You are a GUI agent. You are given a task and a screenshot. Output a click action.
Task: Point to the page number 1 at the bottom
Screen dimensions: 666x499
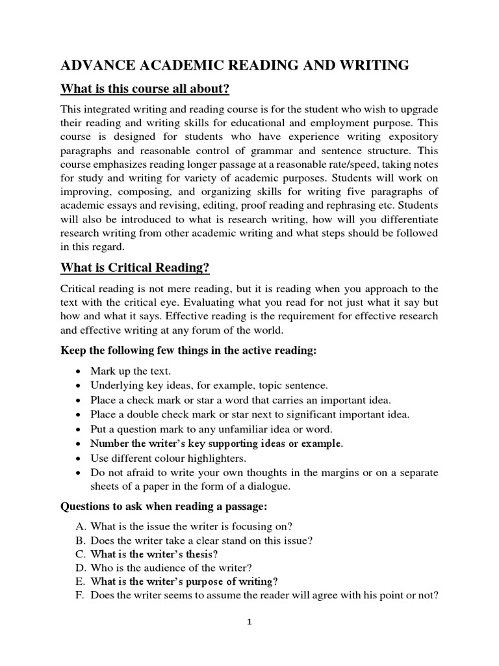[249, 621]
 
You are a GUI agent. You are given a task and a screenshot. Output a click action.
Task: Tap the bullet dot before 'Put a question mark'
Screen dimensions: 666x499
[78, 429]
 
